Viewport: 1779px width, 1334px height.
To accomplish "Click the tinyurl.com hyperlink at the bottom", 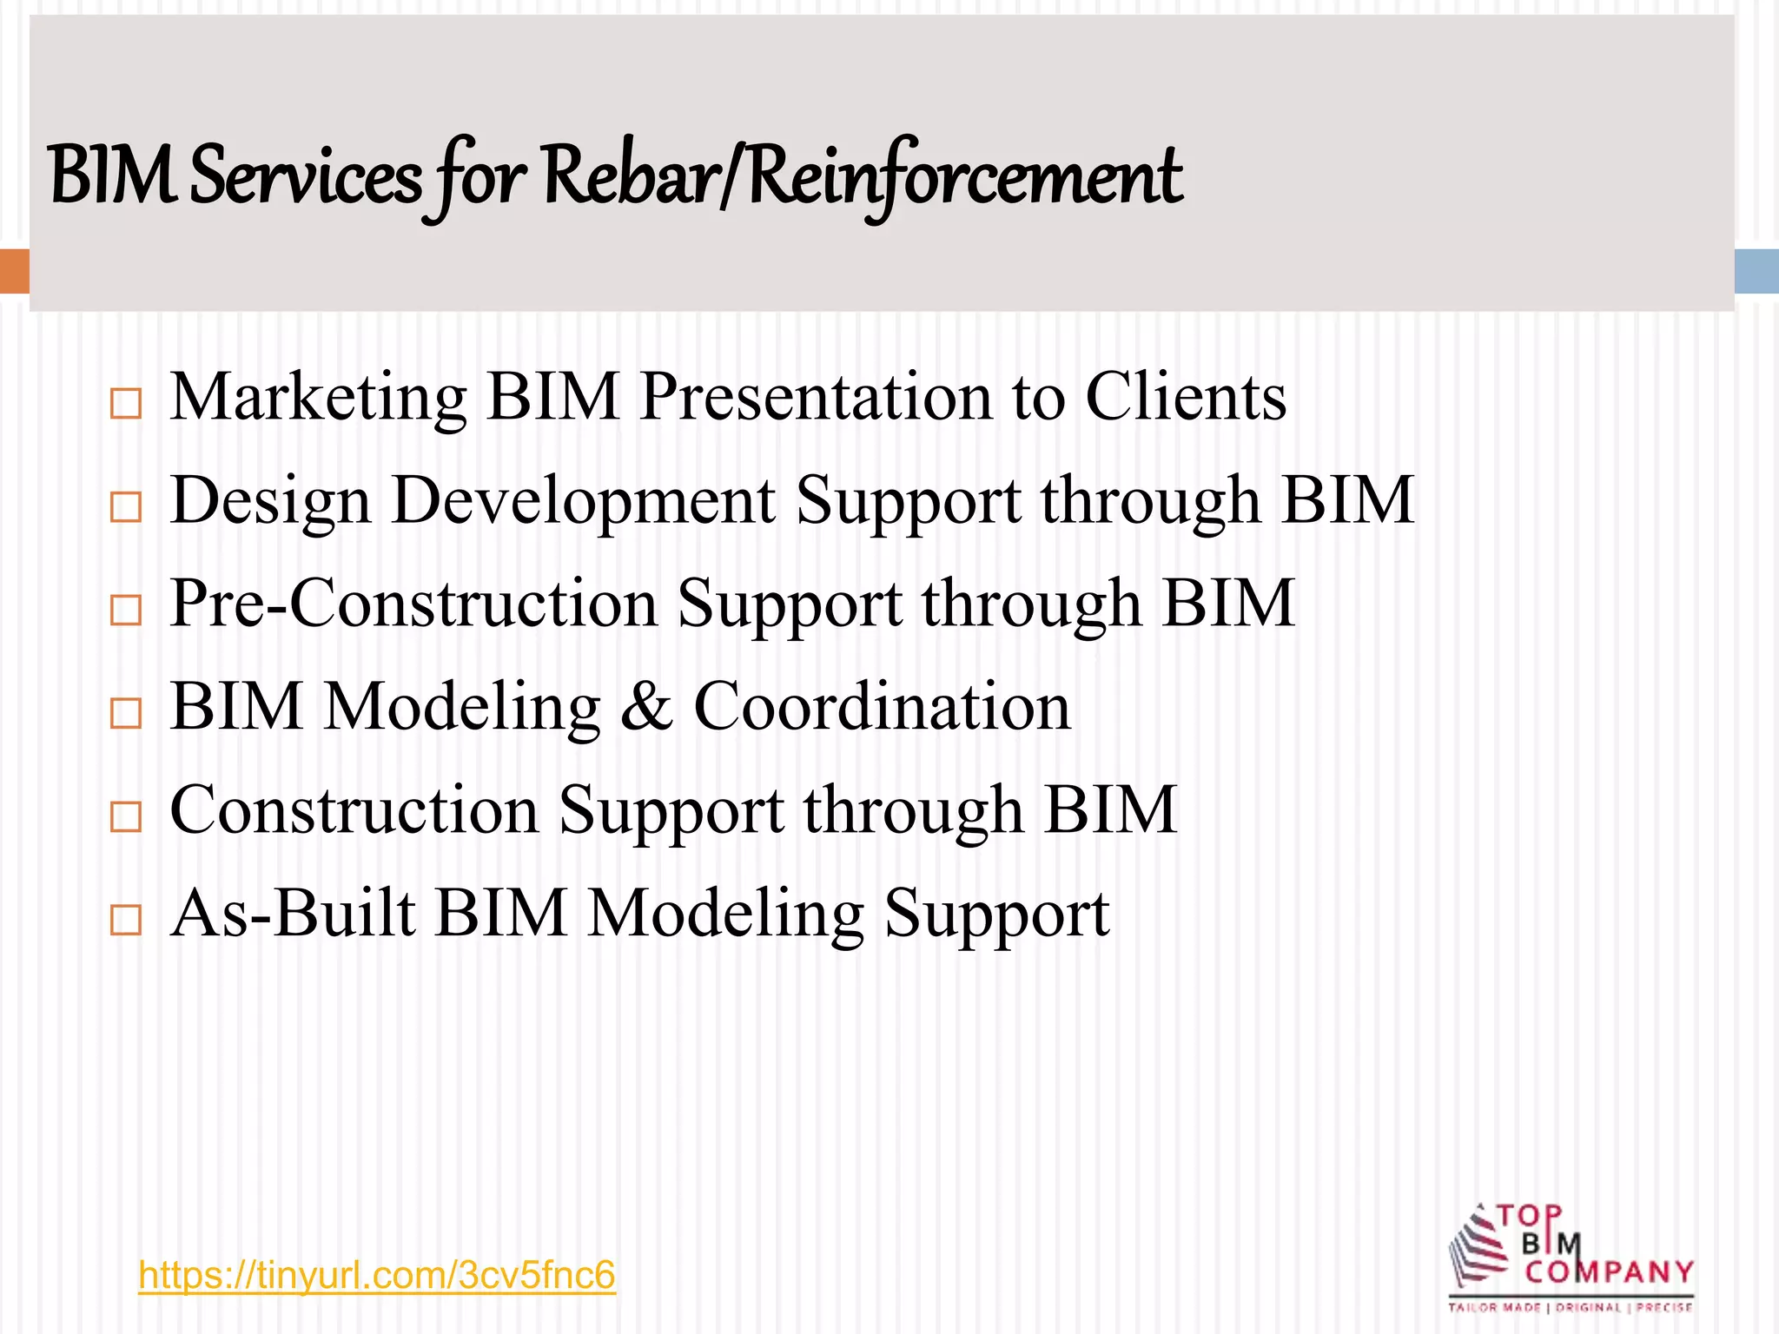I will click(x=376, y=1276).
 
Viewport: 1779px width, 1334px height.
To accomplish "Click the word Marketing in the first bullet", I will click(x=318, y=398).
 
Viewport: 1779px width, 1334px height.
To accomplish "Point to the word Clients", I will click(x=1185, y=398).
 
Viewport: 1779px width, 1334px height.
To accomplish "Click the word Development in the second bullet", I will click(x=583, y=501).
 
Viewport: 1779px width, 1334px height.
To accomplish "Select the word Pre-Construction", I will click(x=413, y=604).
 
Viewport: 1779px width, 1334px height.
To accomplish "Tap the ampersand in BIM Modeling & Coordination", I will click(x=646, y=707).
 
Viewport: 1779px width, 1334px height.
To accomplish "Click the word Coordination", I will click(x=882, y=707).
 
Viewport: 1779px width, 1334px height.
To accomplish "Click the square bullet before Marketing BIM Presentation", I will click(x=126, y=404).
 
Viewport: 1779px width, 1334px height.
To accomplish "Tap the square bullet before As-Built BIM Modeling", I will click(x=126, y=920).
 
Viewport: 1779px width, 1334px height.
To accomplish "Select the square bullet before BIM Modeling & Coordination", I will click(x=126, y=713).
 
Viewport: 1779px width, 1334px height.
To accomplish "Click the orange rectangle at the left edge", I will click(x=14, y=271).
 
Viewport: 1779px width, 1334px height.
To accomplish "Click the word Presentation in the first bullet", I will click(x=815, y=398).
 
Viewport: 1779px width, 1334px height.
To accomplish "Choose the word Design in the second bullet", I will click(x=270, y=501).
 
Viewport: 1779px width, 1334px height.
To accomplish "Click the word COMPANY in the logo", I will click(x=1609, y=1273).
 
